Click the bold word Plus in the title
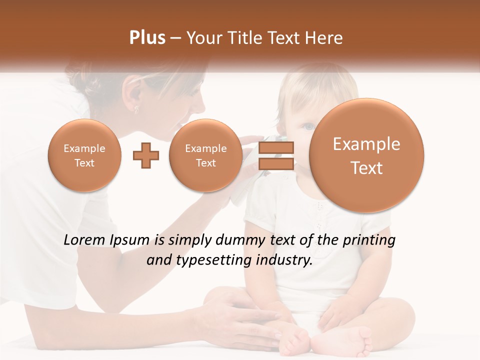coord(147,38)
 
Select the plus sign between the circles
coord(146,156)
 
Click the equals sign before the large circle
coord(276,155)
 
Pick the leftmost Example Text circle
coord(84,155)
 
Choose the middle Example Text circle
coord(205,155)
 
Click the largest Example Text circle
coord(366,155)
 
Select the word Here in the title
coord(325,38)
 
